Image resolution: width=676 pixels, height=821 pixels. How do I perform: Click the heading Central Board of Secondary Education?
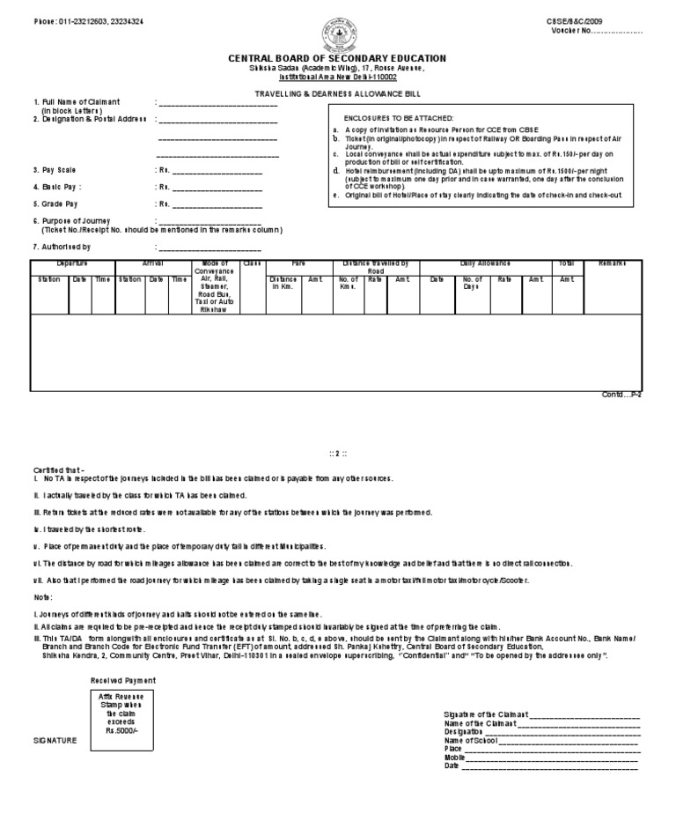tap(337, 58)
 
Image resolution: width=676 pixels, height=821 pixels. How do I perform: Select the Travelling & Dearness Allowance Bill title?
tap(337, 92)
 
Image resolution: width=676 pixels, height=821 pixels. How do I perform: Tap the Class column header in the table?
tap(253, 263)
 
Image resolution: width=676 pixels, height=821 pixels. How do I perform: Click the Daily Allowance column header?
tap(485, 263)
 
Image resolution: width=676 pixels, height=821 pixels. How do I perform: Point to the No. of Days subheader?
tap(471, 283)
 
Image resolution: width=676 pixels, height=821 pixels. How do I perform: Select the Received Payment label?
tap(122, 681)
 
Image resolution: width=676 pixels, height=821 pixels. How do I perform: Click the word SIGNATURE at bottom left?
tap(55, 741)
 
